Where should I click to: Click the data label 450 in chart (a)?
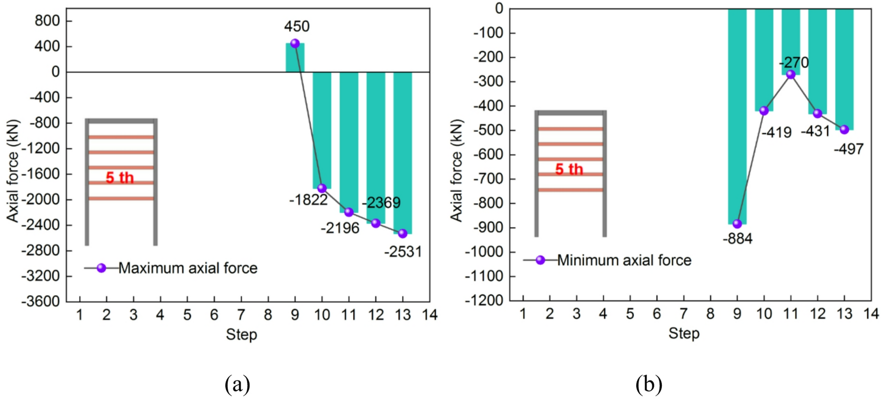(x=297, y=26)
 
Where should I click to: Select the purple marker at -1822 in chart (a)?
(x=322, y=188)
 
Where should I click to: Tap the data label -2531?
(x=402, y=252)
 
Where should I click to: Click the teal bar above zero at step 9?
(x=295, y=58)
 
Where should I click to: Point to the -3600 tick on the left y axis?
(x=41, y=302)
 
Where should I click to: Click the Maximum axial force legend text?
(x=187, y=268)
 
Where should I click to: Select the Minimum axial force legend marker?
(x=540, y=260)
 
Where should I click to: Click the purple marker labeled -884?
(x=737, y=224)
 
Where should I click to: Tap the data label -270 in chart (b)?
(x=794, y=62)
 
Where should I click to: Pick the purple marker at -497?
(x=844, y=130)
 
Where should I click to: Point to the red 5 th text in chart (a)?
(x=119, y=178)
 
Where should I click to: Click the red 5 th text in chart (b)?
(x=569, y=170)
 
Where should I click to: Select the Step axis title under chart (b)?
(x=684, y=334)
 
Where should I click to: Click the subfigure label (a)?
(x=237, y=384)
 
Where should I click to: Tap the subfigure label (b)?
(x=649, y=384)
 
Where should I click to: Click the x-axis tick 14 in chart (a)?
(x=429, y=315)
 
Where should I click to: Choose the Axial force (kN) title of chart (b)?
(x=456, y=170)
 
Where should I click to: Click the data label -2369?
(x=381, y=203)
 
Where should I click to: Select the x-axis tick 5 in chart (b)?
(x=630, y=314)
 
